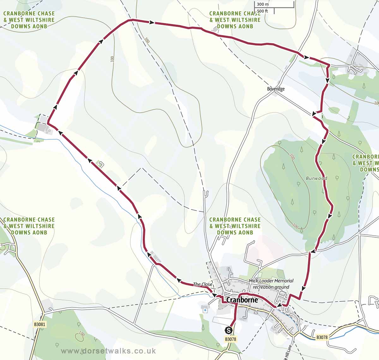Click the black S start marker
(229, 330)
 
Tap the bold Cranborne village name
(242, 300)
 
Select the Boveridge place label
(276, 89)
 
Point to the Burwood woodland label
(316, 178)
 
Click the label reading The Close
(203, 284)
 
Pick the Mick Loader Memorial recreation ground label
(271, 284)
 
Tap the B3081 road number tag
(40, 324)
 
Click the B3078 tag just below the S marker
(231, 339)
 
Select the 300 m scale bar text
(263, 4)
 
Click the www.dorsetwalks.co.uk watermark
(108, 351)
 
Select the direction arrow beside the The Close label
(215, 295)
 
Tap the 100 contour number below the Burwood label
(295, 226)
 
